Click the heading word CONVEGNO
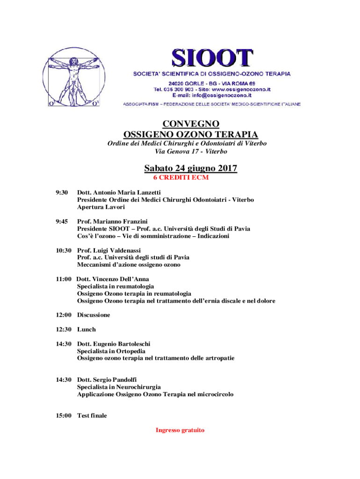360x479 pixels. click(190, 124)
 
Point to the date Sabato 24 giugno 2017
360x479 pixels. click(190, 168)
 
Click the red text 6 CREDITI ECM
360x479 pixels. click(181, 178)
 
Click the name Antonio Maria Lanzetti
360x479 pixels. click(127, 192)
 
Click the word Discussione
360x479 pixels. click(94, 315)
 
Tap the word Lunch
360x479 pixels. click(86, 329)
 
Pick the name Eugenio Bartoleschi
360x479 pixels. click(122, 344)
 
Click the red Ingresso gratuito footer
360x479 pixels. click(180, 430)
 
